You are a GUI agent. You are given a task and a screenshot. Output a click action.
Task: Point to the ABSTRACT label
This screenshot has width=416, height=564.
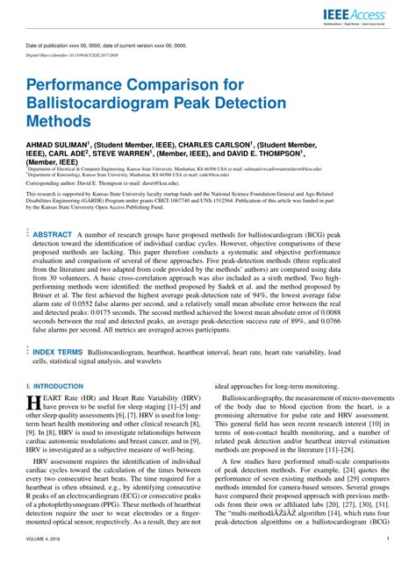point(53,211)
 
